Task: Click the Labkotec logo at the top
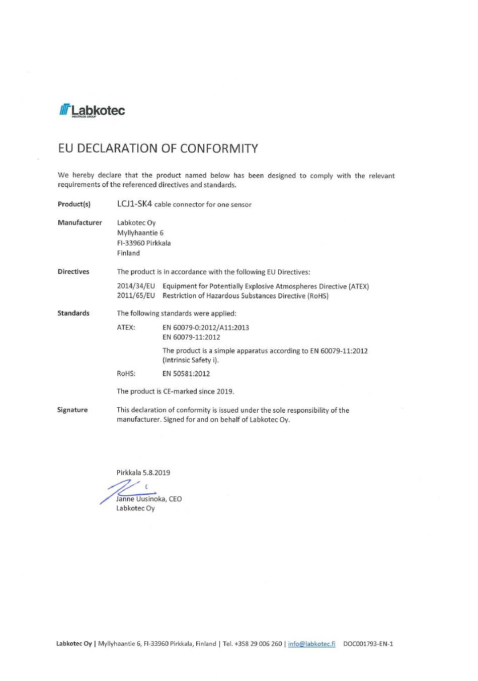coord(92,110)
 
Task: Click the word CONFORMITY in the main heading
coord(219,148)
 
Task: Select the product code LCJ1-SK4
coord(134,204)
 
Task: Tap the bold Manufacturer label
coord(79,222)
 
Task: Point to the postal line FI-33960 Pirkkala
coord(144,243)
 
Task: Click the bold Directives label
coord(73,272)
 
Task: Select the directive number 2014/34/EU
coord(136,286)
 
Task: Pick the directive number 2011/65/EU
coord(136,296)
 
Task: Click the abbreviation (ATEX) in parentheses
coord(359,286)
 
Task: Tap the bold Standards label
coord(73,313)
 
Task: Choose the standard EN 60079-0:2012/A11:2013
coord(206,328)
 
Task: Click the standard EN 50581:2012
coord(186,374)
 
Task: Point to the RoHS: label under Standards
coord(126,374)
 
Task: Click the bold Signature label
coord(72,410)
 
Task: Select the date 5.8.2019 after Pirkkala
coord(156,473)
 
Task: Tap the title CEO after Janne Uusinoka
coord(175,499)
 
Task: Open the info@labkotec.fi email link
coord(311,644)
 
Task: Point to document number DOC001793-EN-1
coord(368,644)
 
